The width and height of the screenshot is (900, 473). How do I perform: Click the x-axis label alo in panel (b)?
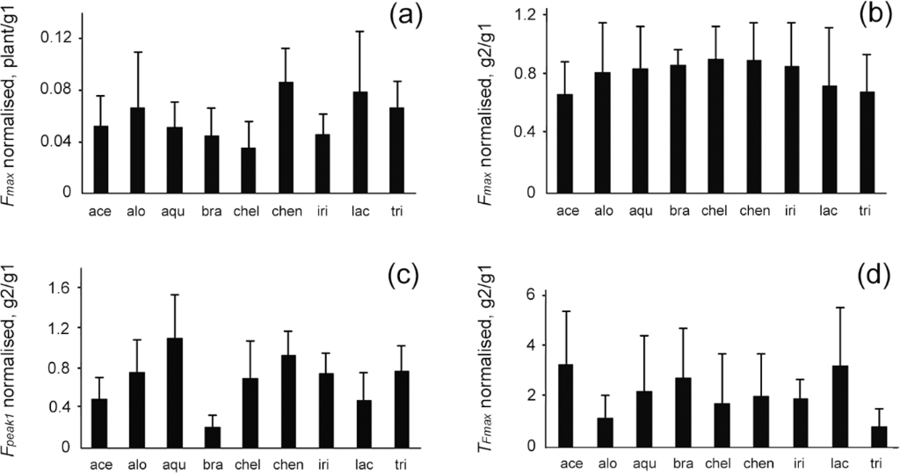(604, 210)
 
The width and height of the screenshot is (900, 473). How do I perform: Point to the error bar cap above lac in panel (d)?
(818, 308)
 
